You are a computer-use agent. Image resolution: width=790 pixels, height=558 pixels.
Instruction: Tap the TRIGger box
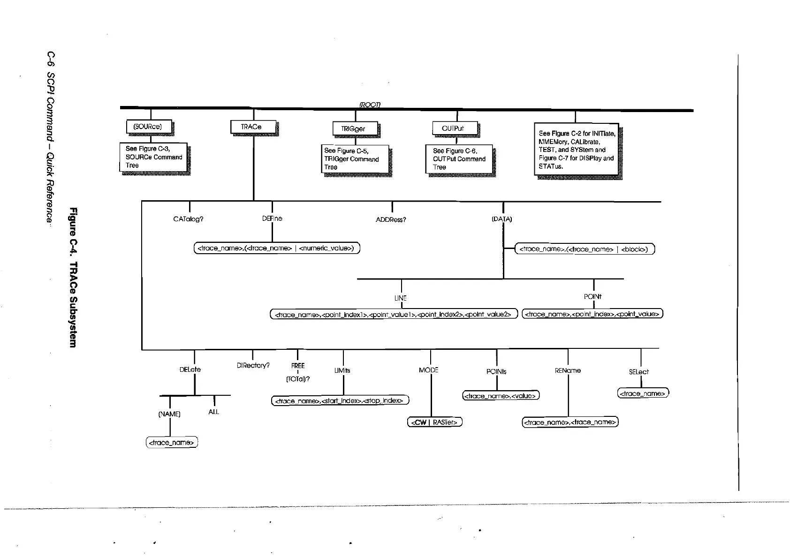355,129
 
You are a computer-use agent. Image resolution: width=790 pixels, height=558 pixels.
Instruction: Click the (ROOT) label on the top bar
370,105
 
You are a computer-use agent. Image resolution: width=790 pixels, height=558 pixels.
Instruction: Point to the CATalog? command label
188,219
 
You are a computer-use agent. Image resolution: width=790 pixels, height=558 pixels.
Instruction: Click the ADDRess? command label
391,219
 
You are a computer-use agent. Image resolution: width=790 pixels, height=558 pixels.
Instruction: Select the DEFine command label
272,219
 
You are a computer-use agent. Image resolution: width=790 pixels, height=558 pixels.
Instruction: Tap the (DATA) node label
502,219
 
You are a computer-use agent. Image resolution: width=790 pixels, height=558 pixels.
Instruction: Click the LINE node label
400,298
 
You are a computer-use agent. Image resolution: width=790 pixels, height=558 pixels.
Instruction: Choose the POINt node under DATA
592,297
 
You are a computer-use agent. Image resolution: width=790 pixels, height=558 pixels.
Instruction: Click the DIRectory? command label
253,366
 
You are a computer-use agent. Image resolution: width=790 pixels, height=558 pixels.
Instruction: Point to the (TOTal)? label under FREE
298,379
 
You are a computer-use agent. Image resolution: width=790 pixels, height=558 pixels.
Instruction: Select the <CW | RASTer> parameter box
435,422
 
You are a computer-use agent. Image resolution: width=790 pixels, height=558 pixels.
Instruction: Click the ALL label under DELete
213,412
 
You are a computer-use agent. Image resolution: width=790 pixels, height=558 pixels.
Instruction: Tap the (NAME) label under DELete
169,414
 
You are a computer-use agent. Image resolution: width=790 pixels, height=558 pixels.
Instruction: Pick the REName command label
568,371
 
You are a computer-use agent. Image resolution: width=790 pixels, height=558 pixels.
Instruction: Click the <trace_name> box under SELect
643,393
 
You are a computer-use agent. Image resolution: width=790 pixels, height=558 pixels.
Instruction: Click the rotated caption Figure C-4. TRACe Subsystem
73,277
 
